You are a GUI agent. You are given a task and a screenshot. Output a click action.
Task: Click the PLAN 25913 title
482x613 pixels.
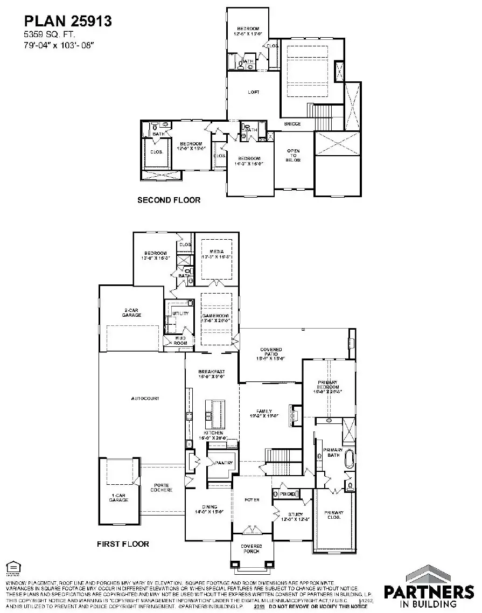pos(68,22)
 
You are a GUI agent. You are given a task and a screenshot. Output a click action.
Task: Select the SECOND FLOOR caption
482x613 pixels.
pos(169,200)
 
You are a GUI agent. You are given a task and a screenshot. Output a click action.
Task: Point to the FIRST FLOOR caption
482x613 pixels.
pos(123,544)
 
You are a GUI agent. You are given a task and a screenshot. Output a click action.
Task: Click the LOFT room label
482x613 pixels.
pos(253,92)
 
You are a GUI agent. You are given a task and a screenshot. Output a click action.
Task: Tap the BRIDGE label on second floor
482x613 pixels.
pos(292,124)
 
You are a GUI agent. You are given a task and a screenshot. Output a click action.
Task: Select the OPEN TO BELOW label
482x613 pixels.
pos(294,155)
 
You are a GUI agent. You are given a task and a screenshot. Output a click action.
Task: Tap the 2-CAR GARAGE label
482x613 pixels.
pos(131,312)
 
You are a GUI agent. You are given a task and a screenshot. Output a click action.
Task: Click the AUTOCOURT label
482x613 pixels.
pos(145,399)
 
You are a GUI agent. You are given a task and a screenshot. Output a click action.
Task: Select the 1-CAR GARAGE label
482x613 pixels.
pos(118,498)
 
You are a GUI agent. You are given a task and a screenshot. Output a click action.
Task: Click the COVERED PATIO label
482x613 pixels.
pos(271,353)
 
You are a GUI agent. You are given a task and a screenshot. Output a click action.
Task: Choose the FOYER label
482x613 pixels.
pos(252,500)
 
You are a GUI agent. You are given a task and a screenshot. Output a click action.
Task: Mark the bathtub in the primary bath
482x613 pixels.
pos(350,459)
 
